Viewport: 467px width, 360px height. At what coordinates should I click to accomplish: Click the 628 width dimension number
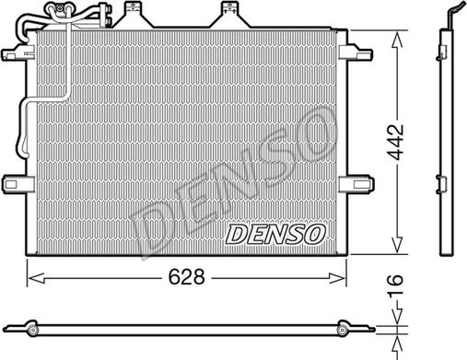pos(186,276)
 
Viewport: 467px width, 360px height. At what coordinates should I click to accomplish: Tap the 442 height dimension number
pos(395,142)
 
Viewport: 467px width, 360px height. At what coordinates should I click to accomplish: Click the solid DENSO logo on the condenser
pos(275,234)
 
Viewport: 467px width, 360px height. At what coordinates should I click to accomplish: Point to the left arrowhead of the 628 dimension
pos(35,278)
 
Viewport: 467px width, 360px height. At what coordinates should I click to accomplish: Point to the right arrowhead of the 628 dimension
pos(337,278)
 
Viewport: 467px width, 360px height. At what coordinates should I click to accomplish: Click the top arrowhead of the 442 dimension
pos(397,40)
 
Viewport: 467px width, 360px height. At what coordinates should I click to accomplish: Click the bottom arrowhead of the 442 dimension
pos(397,245)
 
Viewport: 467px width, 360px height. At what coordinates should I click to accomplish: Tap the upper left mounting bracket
pos(18,52)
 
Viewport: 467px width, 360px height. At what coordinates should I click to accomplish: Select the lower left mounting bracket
pos(18,184)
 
